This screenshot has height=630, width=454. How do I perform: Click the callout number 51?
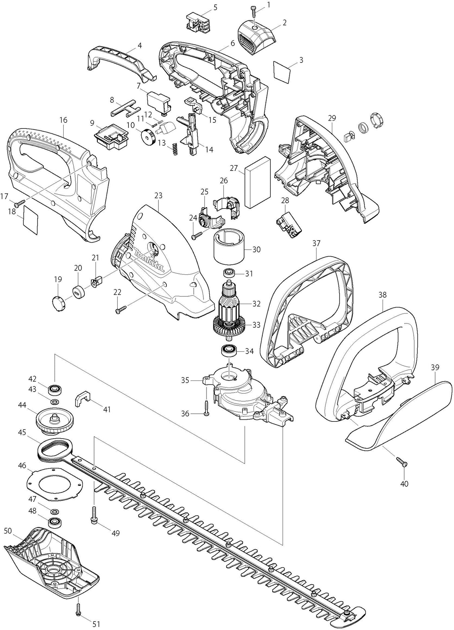[97, 624]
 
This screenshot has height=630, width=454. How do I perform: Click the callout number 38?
[382, 295]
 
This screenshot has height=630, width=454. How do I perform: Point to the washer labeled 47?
[53, 512]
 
